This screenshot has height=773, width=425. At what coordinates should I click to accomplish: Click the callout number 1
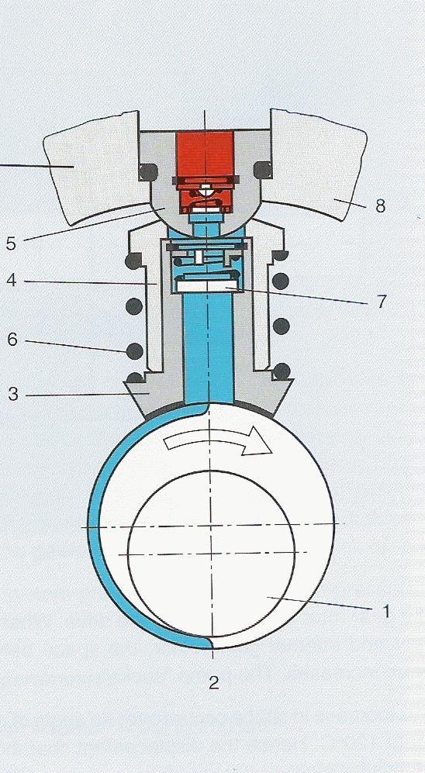(386, 611)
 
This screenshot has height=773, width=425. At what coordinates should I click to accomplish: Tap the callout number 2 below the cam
(213, 682)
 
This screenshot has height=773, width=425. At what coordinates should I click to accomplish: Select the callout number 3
(13, 395)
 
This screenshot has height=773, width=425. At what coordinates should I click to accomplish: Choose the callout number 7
(381, 302)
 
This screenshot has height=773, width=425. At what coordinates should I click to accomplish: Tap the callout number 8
(380, 205)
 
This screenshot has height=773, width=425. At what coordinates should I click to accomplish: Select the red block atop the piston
(205, 171)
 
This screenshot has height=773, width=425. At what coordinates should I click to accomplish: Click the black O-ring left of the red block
(147, 171)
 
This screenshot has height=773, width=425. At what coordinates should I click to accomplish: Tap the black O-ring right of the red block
(262, 170)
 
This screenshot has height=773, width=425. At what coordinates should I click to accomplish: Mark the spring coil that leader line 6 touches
(135, 351)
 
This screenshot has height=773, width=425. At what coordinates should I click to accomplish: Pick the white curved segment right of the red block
(316, 165)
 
